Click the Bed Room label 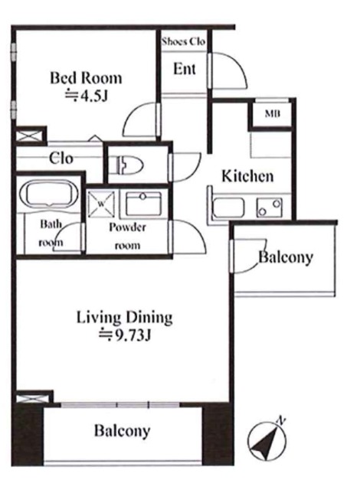86,78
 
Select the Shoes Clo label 183,41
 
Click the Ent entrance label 185,69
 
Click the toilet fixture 129,164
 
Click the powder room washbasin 143,204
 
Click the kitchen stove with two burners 270,207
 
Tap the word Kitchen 247,176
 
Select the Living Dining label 124,318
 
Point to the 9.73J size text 125,336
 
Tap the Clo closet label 61,158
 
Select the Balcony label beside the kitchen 286,257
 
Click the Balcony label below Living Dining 123,430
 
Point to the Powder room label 127,236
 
